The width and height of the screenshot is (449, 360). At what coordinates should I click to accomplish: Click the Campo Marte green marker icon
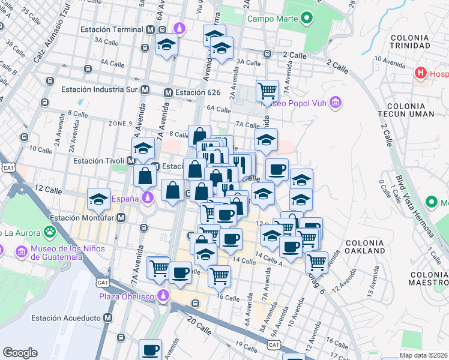coord(307,19)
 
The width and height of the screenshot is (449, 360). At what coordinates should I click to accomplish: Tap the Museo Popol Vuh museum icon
coord(336,103)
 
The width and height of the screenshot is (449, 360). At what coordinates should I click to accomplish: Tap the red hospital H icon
coord(421,74)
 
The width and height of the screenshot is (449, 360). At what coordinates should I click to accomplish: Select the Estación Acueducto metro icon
coord(108,317)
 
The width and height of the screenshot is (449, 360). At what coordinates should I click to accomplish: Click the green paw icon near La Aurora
coord(49,232)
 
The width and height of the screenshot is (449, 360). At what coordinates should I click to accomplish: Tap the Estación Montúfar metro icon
coord(121,218)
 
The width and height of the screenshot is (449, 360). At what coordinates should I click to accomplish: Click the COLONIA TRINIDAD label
coord(409,41)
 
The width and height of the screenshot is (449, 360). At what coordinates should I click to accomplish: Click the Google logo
coord(20,352)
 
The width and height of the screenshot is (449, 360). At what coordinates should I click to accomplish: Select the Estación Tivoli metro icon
coord(130,161)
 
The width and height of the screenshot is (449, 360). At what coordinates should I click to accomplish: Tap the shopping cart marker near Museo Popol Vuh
coord(267,91)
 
